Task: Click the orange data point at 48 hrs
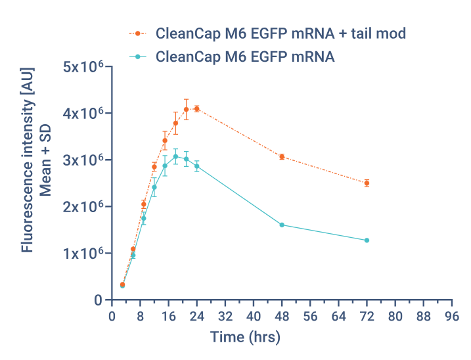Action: click(281, 156)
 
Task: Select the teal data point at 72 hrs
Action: click(367, 240)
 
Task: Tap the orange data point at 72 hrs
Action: click(367, 183)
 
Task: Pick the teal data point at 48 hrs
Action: click(281, 225)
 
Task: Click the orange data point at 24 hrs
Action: click(196, 108)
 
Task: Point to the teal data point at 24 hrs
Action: click(196, 166)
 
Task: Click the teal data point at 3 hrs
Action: click(122, 286)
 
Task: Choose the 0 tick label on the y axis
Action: click(98, 300)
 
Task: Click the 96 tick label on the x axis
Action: click(451, 315)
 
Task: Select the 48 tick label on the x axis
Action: click(281, 315)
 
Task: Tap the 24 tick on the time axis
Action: click(196, 315)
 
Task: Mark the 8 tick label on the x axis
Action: click(140, 315)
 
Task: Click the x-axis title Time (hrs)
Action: click(245, 338)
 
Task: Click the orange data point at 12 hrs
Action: click(154, 167)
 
